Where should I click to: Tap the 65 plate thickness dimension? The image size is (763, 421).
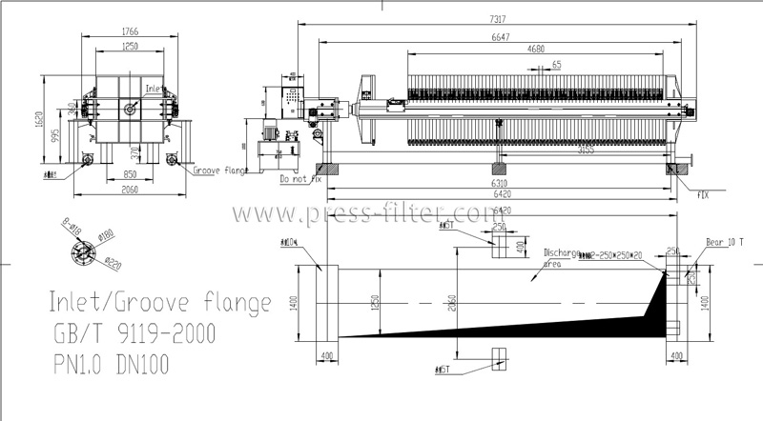point(556,64)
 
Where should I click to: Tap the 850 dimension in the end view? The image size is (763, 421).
point(130,175)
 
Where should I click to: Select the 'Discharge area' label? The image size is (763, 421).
point(562,258)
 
